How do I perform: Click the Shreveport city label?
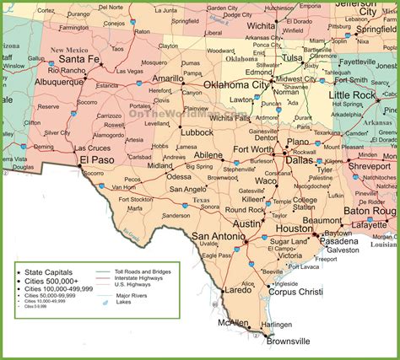pyautogui.click(x=370, y=165)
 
